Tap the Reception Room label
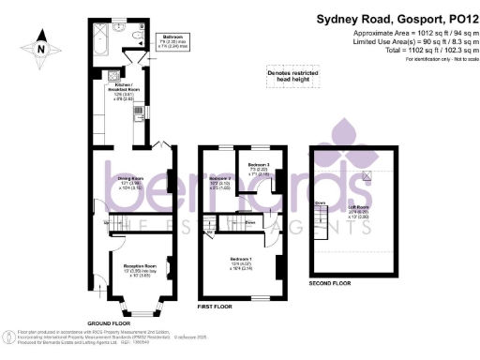(139, 270)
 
